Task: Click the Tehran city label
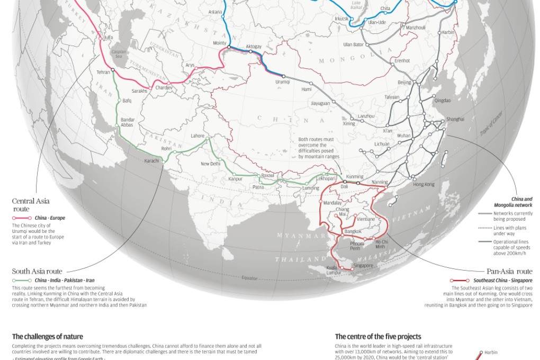[103, 71]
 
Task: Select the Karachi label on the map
[151, 161]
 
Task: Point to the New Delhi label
[210, 164]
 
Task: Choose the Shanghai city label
[455, 119]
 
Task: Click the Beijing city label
[404, 83]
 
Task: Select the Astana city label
[215, 11]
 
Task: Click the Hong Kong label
[424, 184]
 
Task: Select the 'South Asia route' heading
[35, 271]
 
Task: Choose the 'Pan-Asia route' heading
[509, 271]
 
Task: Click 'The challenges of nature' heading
[47, 336]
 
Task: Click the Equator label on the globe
[249, 278]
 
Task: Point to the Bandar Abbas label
[128, 122]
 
